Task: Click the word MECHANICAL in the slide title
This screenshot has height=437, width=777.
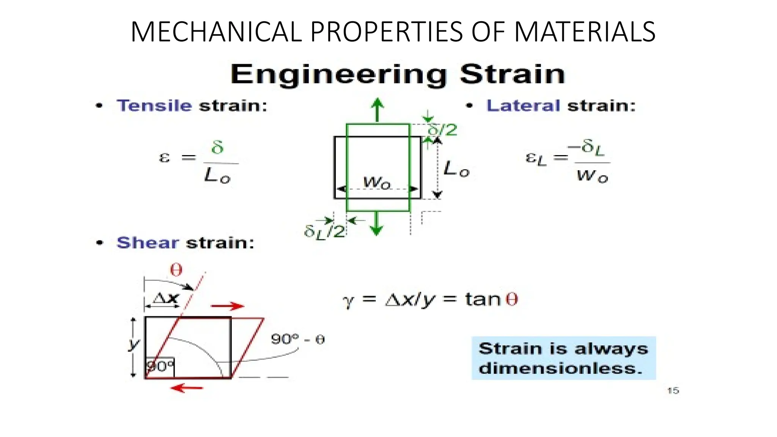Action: coord(215,32)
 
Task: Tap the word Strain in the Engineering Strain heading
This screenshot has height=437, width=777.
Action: coord(512,74)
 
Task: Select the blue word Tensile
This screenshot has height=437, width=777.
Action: coord(154,105)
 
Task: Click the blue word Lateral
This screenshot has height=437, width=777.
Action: coord(523,105)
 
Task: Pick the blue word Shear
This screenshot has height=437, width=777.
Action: coord(147,243)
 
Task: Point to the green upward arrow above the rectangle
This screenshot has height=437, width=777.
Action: coord(377,110)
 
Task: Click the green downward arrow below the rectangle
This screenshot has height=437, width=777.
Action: coord(376,223)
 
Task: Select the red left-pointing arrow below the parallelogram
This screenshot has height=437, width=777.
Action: coord(187,388)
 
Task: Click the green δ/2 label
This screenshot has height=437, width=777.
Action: coord(442,130)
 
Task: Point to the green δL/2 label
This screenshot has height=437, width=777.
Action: coord(324,231)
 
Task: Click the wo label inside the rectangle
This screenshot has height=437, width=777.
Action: coord(376,182)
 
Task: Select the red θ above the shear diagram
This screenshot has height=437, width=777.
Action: coord(176,270)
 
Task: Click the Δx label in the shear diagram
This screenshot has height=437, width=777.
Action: coord(165,299)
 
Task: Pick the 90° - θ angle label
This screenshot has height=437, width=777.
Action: coord(298,339)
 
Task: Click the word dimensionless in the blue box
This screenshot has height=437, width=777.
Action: coord(560,368)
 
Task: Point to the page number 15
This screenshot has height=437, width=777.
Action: coord(673,390)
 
